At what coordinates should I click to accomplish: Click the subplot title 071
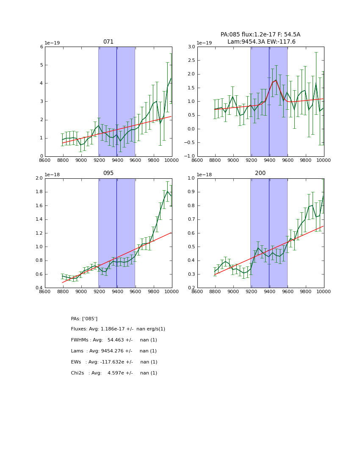(x=108, y=42)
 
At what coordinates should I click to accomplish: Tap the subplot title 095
(x=108, y=173)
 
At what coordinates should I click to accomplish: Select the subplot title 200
(x=260, y=173)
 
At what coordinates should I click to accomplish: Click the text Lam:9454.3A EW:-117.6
(x=261, y=42)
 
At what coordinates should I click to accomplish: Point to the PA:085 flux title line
(x=260, y=35)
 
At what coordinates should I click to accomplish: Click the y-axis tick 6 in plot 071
(x=42, y=47)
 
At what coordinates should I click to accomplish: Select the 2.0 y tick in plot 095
(x=39, y=178)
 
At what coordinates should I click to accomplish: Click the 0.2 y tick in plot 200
(x=191, y=288)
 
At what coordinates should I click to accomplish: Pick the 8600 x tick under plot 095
(x=45, y=291)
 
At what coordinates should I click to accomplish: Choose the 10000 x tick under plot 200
(x=324, y=291)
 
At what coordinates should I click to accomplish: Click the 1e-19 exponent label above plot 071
(x=53, y=43)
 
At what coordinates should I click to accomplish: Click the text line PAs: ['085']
(x=84, y=319)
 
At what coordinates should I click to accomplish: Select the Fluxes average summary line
(x=118, y=329)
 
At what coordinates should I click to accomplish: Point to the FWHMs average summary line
(x=114, y=340)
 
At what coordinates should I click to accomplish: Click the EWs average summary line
(x=114, y=362)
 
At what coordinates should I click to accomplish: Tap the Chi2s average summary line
(x=114, y=373)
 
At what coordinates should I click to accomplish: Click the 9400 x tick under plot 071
(x=117, y=160)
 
